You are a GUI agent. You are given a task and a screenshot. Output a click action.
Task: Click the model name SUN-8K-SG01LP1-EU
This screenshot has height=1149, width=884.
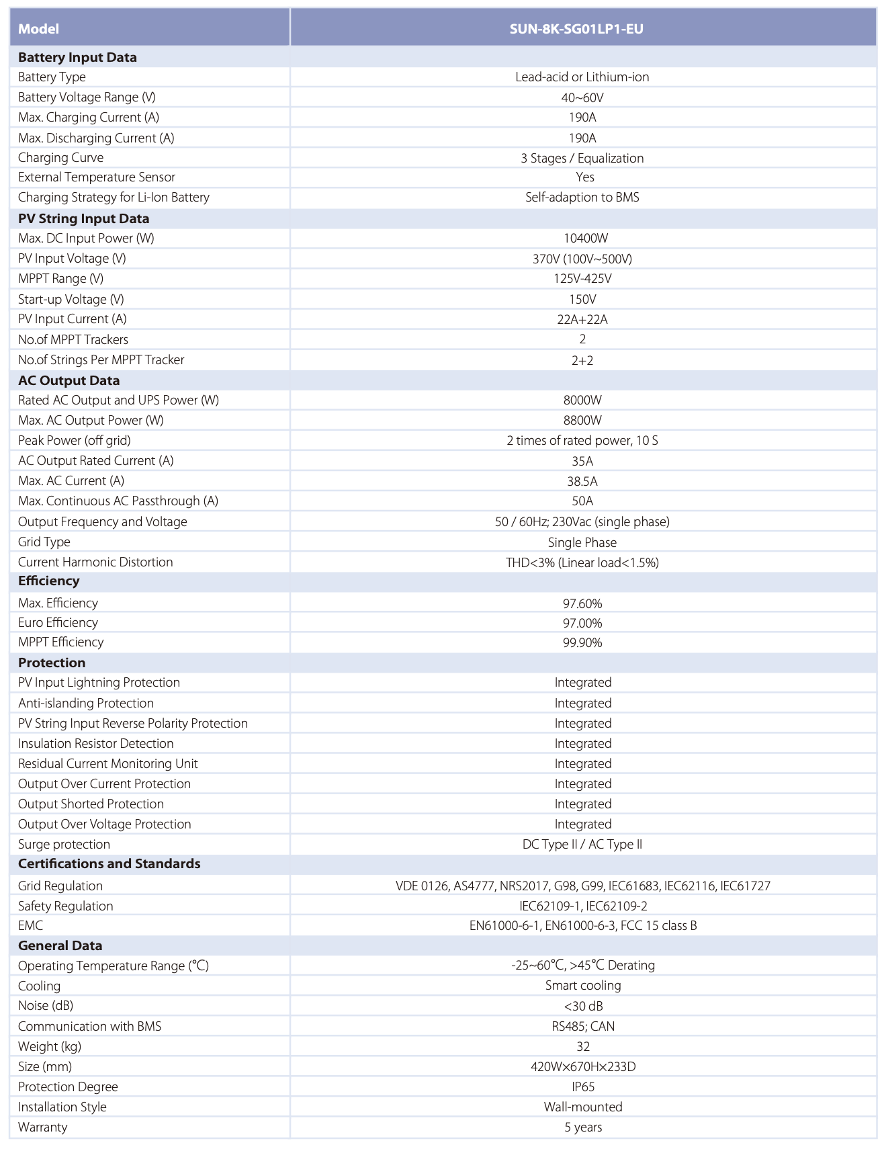pyautogui.click(x=582, y=29)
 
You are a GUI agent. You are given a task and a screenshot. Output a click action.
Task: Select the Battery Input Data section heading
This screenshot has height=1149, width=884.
pyautogui.click(x=77, y=57)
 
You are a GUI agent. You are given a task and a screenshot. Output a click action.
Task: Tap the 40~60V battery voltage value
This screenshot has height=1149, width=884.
pyautogui.click(x=582, y=97)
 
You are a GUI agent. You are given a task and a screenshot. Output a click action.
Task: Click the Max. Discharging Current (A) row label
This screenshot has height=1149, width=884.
pyautogui.click(x=96, y=138)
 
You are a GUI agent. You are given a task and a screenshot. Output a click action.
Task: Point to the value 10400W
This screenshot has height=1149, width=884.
pyautogui.click(x=582, y=239)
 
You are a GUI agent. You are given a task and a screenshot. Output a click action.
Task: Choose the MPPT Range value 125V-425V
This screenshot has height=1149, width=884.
pyautogui.click(x=582, y=279)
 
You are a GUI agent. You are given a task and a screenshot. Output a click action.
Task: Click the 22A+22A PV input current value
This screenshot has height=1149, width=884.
pyautogui.click(x=582, y=319)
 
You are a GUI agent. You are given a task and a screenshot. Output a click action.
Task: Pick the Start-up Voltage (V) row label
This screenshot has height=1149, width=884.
pyautogui.click(x=71, y=299)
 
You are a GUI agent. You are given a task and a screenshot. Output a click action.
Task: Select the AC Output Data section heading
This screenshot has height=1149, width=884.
pyautogui.click(x=69, y=380)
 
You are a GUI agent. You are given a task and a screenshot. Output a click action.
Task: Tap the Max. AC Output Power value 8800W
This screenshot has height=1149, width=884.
pyautogui.click(x=582, y=421)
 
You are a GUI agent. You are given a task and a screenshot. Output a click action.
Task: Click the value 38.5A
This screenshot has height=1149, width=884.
pyautogui.click(x=582, y=481)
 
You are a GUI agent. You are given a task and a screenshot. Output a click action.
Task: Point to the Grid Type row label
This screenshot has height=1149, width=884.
pyautogui.click(x=44, y=542)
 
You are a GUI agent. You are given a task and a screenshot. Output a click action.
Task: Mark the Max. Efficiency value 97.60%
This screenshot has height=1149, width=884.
pyautogui.click(x=582, y=603)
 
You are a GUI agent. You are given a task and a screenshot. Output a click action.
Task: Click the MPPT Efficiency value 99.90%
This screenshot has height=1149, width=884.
pyautogui.click(x=582, y=642)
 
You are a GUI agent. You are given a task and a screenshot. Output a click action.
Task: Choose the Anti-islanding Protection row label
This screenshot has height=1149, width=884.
pyautogui.click(x=86, y=703)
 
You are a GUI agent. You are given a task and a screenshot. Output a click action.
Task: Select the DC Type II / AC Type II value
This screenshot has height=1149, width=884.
pyautogui.click(x=582, y=845)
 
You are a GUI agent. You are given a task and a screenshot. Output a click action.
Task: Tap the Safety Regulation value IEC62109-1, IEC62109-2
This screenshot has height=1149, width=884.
pyautogui.click(x=582, y=906)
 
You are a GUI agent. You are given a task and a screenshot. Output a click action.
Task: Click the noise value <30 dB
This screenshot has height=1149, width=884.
pyautogui.click(x=583, y=1006)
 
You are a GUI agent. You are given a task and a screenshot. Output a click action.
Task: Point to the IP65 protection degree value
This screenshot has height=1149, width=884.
pyautogui.click(x=583, y=1087)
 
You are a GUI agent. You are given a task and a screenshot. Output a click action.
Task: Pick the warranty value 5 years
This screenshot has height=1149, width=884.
pyautogui.click(x=583, y=1127)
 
